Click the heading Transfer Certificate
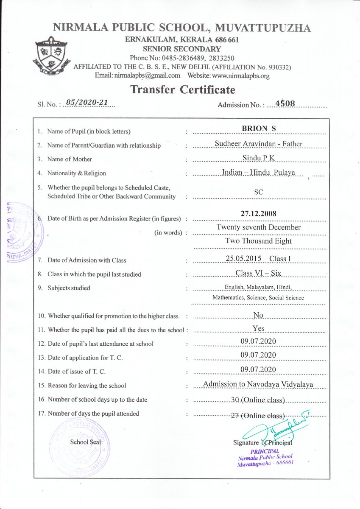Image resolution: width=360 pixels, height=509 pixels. [x=182, y=89]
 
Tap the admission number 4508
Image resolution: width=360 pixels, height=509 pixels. [x=287, y=103]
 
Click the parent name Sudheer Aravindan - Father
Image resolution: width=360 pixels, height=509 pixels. [x=259, y=144]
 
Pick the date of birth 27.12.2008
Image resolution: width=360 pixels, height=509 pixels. [x=259, y=213]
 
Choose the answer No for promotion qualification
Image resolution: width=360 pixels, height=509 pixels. [x=259, y=315]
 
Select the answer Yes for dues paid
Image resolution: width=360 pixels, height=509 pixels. [x=259, y=328]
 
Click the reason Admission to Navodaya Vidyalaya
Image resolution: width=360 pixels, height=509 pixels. [x=258, y=384]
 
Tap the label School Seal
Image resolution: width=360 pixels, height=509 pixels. [x=85, y=441]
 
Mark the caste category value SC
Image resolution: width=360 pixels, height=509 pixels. [x=259, y=192]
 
